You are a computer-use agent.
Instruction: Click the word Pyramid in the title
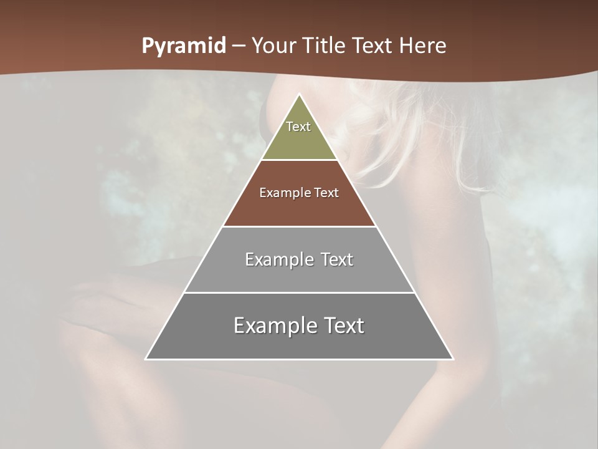tap(183, 46)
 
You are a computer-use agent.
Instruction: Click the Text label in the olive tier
tap(298, 127)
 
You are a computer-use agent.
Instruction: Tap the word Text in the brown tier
tap(326, 193)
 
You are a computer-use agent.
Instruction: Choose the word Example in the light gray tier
tap(277, 259)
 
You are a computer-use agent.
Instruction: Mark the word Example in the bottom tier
tap(272, 326)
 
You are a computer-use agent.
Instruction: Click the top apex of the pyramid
tap(299, 95)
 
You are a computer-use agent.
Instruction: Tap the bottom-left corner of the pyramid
tap(146, 359)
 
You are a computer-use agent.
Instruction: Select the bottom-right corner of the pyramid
tap(452, 359)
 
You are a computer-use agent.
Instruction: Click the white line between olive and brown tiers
tap(299, 160)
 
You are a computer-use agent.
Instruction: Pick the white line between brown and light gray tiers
tap(299, 226)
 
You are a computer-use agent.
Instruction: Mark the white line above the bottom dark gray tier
tap(299, 292)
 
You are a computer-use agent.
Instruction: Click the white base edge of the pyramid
tap(299, 359)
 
